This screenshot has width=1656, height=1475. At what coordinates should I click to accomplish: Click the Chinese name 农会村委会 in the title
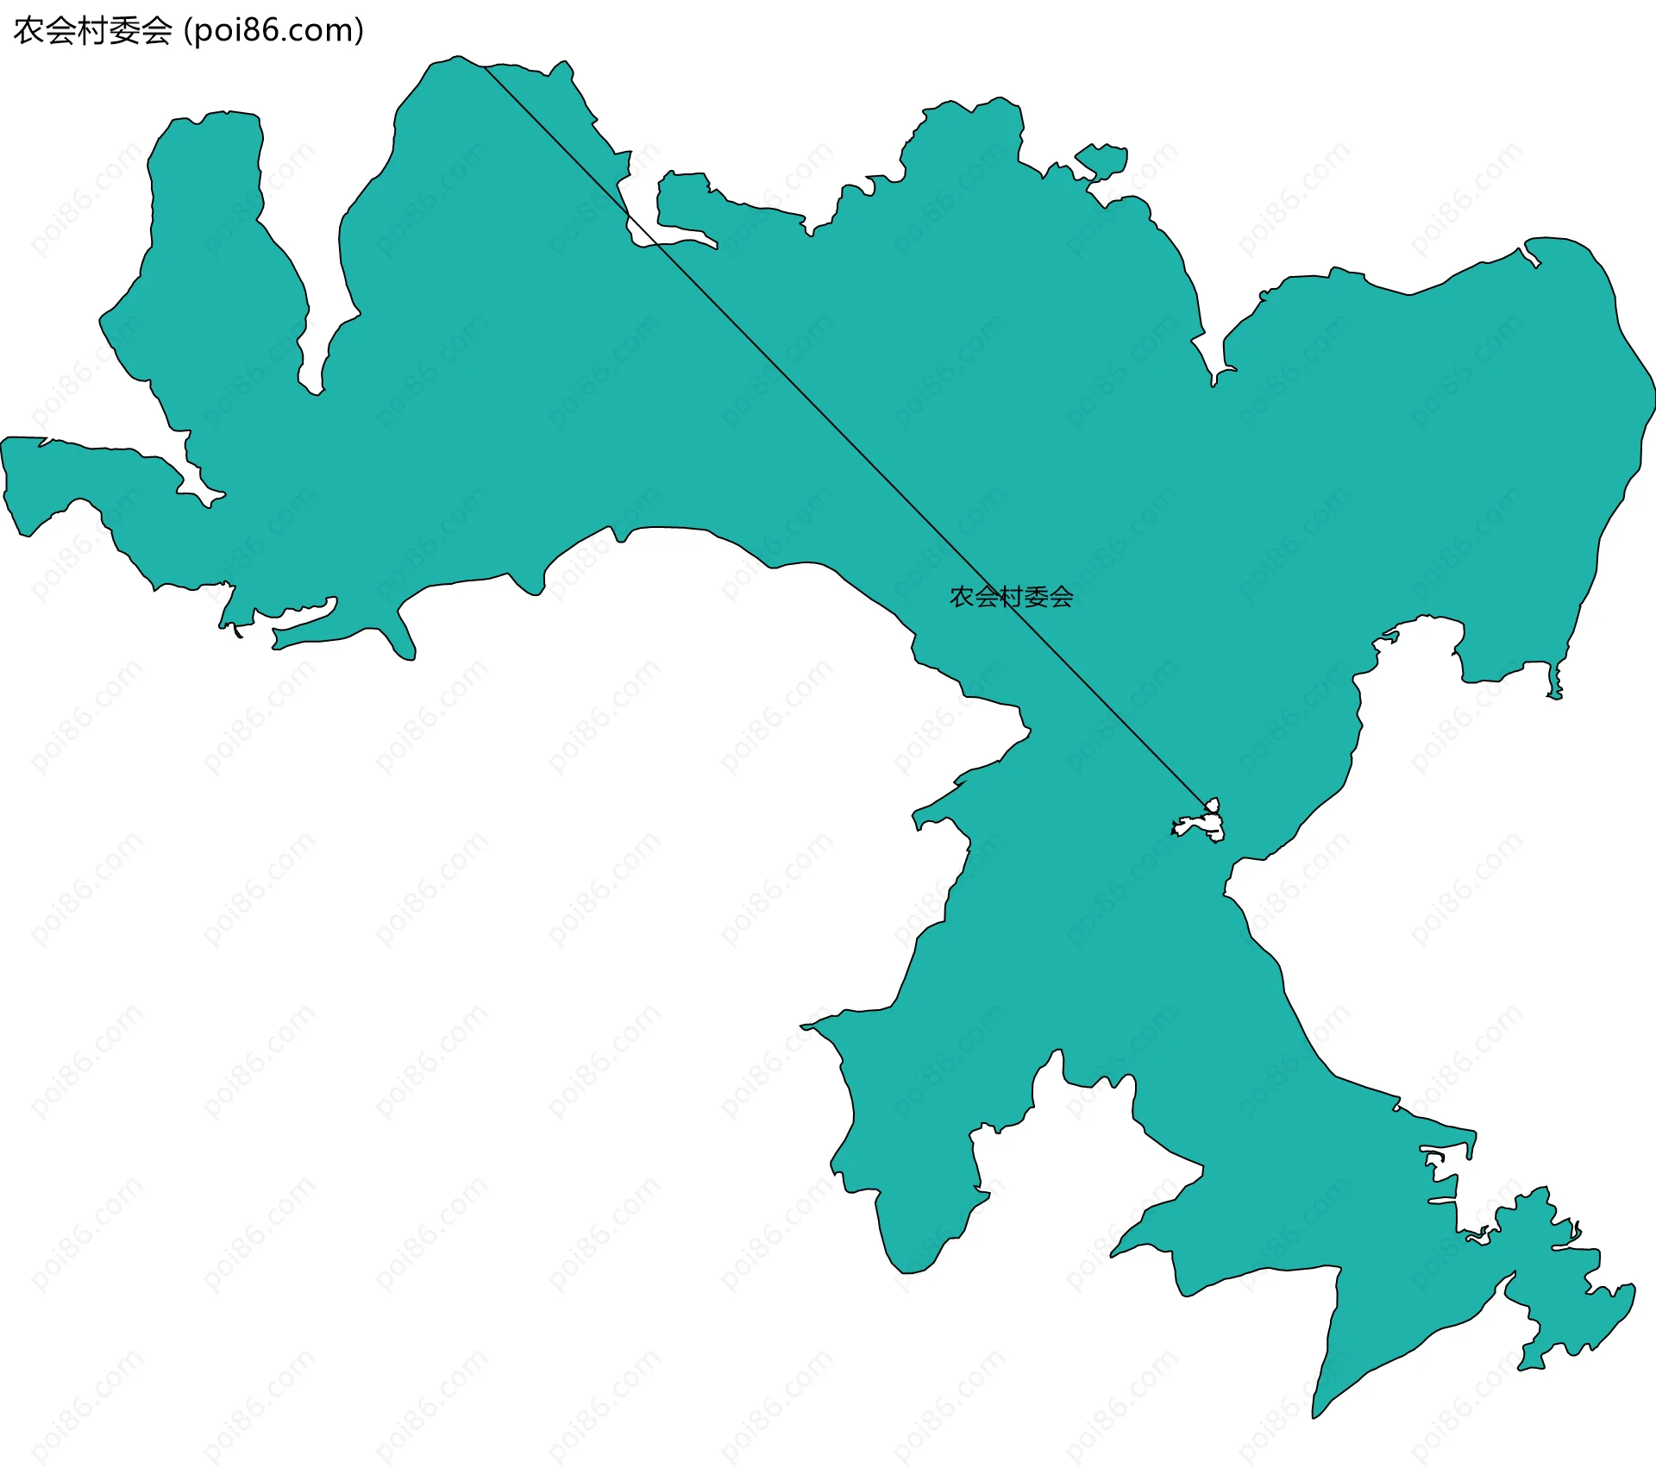point(93,31)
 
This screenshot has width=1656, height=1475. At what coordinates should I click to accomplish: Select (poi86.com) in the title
point(274,31)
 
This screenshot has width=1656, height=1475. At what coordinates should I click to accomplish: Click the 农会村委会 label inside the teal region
point(1011,597)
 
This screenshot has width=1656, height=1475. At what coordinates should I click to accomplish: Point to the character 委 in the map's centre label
point(1035,597)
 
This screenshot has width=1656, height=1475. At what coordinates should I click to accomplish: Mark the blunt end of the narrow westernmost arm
point(10,483)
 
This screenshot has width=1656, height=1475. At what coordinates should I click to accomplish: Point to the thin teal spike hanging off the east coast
point(1556,681)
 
